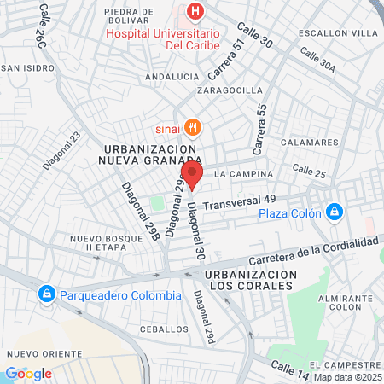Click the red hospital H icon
pos(196,11)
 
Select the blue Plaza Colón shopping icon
pos(335,212)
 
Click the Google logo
pos(28,373)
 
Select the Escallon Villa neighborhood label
pos(338,33)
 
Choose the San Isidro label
pos(22,68)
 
